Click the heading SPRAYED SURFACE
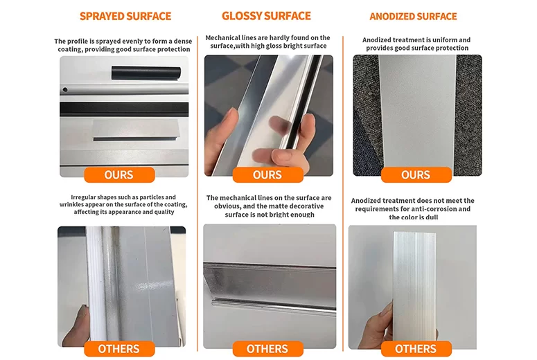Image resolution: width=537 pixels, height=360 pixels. pyautogui.click(x=125, y=16)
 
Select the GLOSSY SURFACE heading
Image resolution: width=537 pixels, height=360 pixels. pyautogui.click(x=267, y=16)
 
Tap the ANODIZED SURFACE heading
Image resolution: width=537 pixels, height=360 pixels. pyautogui.click(x=413, y=17)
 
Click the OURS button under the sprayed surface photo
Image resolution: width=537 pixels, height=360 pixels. pyautogui.click(x=119, y=175)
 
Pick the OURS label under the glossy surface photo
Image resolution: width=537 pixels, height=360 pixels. pyautogui.click(x=268, y=175)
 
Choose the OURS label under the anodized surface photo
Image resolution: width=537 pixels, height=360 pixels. pyautogui.click(x=416, y=175)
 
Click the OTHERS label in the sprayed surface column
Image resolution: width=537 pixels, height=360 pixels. pyautogui.click(x=119, y=349)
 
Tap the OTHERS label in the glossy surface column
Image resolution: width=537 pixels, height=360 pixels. pyautogui.click(x=268, y=349)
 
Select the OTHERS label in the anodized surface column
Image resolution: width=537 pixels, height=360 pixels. pyautogui.click(x=416, y=349)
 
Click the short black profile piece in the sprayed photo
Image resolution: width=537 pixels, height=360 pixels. pyautogui.click(x=146, y=73)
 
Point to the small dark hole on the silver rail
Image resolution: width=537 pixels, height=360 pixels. pyautogui.click(x=64, y=90)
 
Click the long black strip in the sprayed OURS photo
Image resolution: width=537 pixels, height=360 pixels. pyautogui.click(x=124, y=109)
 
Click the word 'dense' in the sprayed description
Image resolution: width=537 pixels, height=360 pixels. pyautogui.click(x=182, y=41)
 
